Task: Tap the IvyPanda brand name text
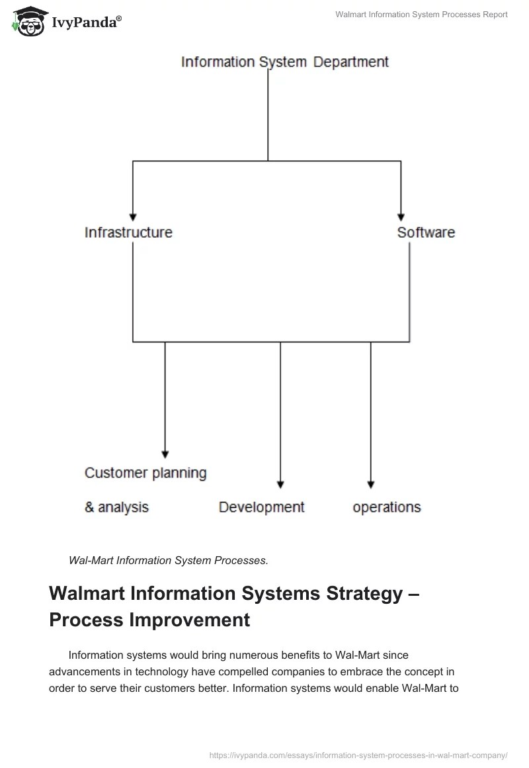coord(86,23)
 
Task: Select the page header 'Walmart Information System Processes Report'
coord(421,15)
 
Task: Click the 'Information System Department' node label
coord(285,62)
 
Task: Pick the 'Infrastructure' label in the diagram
coord(128,232)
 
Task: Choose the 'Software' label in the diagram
coord(426,232)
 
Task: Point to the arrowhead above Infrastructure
coord(133,216)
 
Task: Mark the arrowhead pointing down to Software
coord(401,216)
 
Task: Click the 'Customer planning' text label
coord(145,473)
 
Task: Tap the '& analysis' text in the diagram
coord(116,507)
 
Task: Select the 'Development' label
coord(261,507)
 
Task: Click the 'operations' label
coord(387,507)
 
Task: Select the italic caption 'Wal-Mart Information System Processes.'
coord(169,560)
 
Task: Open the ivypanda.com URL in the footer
coord(358,754)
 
